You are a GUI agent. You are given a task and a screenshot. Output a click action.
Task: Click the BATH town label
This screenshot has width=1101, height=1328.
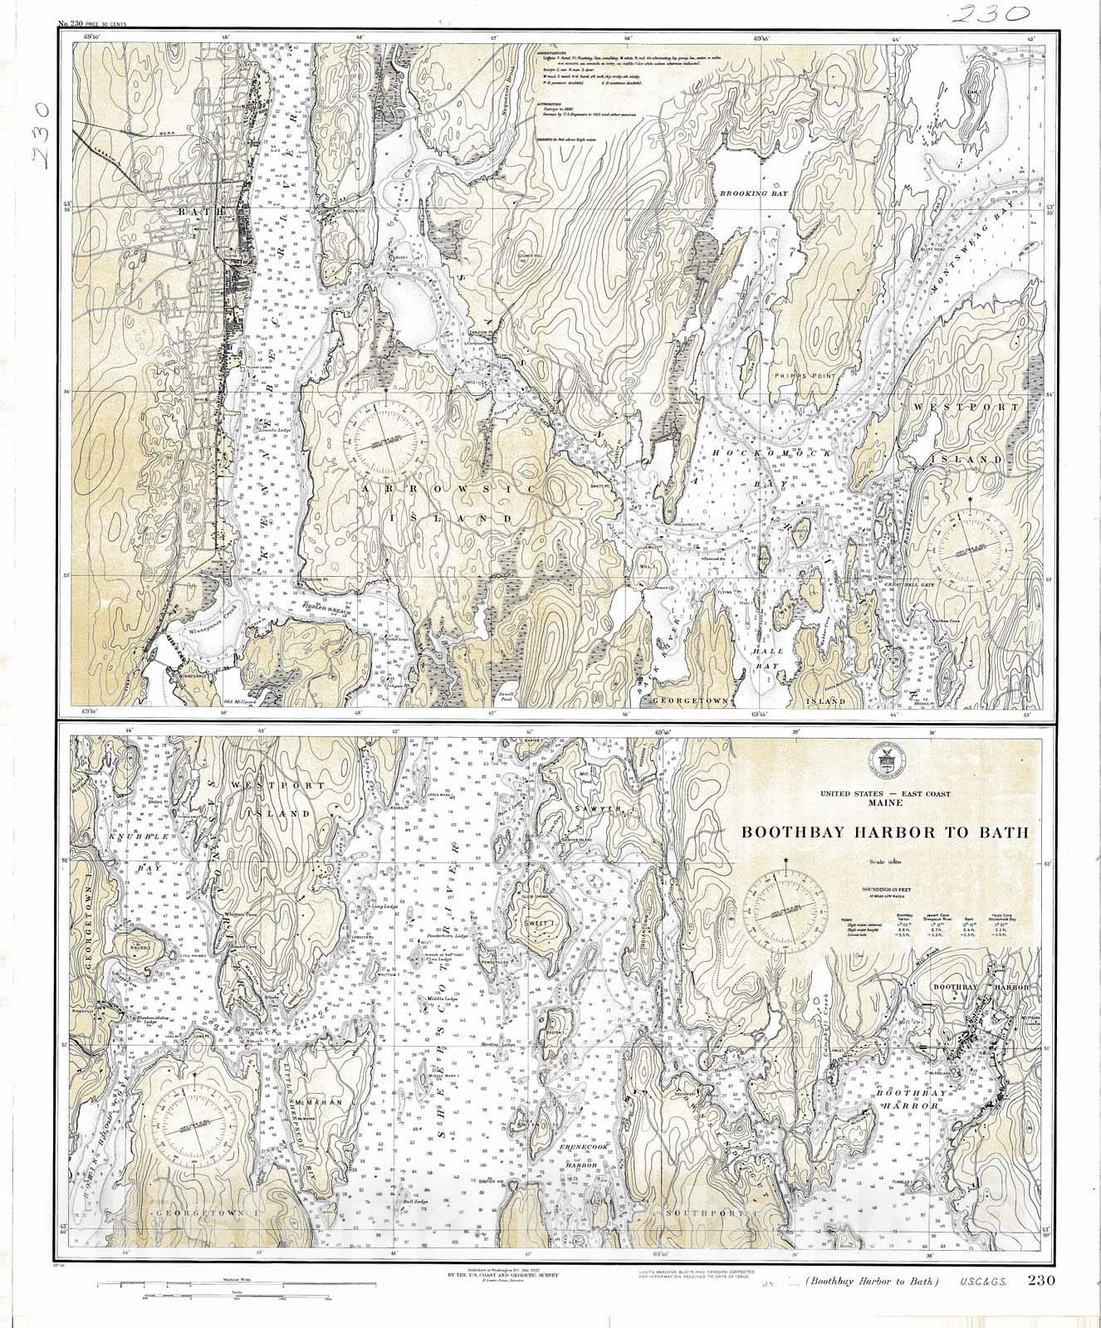tap(196, 212)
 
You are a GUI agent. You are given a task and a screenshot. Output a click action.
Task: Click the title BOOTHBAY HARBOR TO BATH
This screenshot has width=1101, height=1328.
tap(884, 832)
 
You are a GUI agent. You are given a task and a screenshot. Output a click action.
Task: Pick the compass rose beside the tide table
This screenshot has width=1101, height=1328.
tap(784, 911)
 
